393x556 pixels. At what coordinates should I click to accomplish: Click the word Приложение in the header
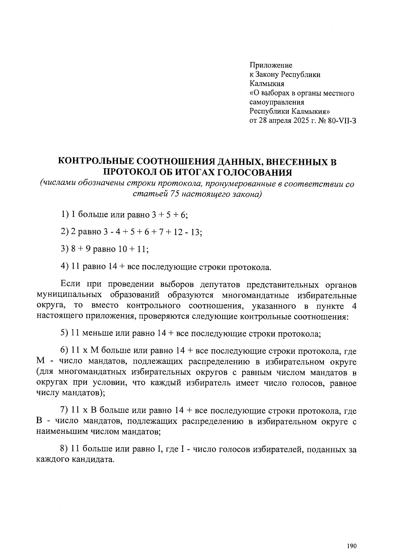pos(271,65)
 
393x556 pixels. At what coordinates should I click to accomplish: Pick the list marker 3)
pos(65,249)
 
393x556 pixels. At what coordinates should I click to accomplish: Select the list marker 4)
pos(65,267)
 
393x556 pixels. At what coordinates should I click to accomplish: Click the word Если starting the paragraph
pos(70,284)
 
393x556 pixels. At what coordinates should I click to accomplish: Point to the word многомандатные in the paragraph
pos(256,295)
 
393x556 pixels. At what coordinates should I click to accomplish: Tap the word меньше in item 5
pos(96,334)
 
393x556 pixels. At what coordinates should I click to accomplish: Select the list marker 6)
pos(65,351)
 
